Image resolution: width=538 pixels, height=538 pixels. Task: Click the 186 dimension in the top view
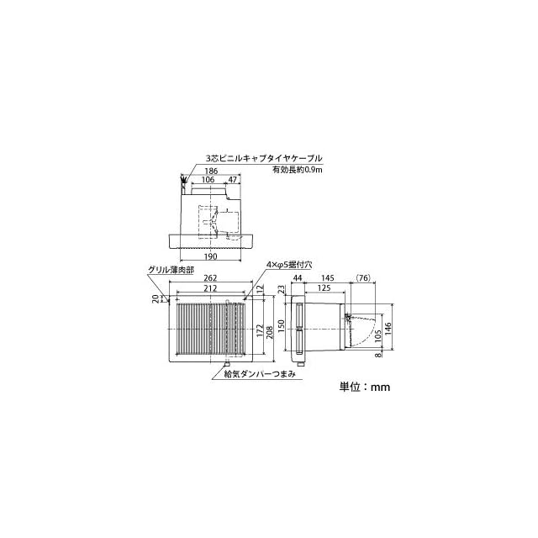tap(211, 171)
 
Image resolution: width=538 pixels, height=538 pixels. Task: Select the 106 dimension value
tap(208, 179)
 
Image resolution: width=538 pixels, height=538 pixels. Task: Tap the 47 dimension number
tap(233, 179)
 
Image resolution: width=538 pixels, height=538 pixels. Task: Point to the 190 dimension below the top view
tap(211, 256)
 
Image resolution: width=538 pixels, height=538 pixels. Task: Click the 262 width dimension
tap(210, 278)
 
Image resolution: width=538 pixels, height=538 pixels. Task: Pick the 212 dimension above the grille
tap(210, 288)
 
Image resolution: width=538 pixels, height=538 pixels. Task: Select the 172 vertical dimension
tap(260, 331)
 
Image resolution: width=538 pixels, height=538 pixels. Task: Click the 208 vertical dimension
tap(270, 333)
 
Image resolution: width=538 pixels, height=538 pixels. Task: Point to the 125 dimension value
tap(324, 287)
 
